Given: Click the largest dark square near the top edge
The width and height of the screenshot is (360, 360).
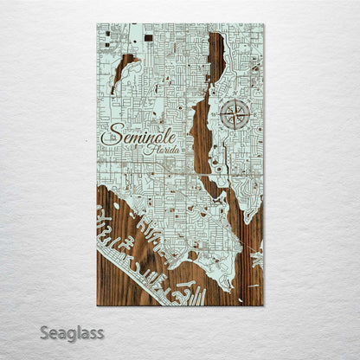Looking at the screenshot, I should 148,37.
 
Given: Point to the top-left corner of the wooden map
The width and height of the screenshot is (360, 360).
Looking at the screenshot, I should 97,24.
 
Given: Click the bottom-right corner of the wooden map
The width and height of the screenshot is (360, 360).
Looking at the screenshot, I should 263,305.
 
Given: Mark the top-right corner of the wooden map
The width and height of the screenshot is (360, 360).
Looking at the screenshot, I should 263,24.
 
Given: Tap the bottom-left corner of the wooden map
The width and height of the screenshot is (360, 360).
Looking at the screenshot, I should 97,305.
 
